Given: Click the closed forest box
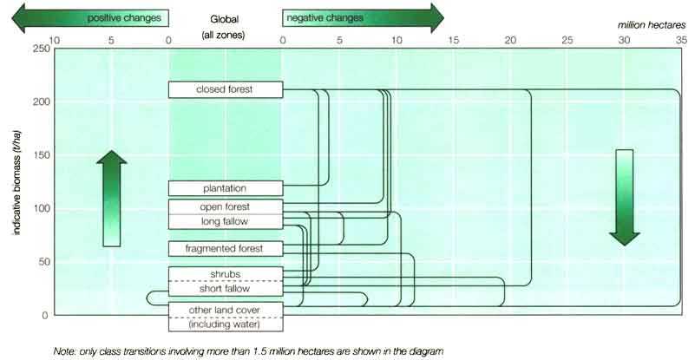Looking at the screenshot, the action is [226, 89].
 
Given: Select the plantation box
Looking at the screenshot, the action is [226, 188].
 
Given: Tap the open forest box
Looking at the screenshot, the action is [226, 207].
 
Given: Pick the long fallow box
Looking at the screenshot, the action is [226, 222].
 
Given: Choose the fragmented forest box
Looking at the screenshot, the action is [226, 249].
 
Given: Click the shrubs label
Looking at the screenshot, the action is [225, 274].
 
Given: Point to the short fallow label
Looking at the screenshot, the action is [225, 289].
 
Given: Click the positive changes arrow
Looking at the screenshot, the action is [90, 18].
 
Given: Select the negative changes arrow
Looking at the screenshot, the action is [363, 18].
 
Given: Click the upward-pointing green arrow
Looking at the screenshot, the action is [112, 198].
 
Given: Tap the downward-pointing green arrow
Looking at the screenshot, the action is [625, 197].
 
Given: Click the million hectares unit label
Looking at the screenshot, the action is [652, 25].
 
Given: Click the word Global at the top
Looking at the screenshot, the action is [224, 19].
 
